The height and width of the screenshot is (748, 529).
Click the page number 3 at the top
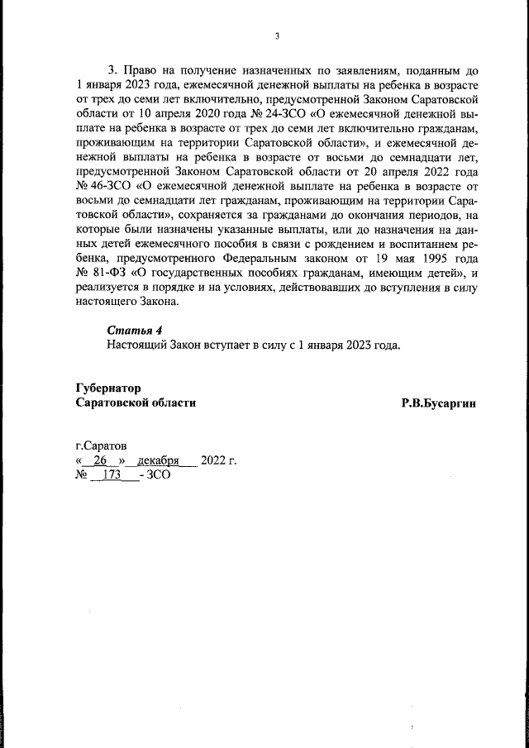tap(278, 36)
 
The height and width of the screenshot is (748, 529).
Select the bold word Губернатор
tap(108, 388)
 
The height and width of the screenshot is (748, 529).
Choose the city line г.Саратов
tap(102, 445)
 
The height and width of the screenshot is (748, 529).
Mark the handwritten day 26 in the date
tap(101, 460)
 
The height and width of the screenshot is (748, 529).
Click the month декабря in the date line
tap(159, 460)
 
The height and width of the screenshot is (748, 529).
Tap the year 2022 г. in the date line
tap(218, 460)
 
